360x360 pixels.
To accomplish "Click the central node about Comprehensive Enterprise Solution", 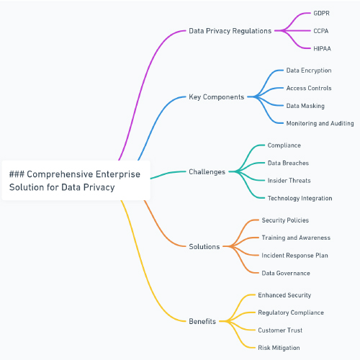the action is click(x=76, y=181).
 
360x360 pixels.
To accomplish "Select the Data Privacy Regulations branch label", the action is click(x=230, y=31).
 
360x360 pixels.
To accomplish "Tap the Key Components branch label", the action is click(x=216, y=97).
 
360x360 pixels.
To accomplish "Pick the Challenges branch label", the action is click(x=207, y=172).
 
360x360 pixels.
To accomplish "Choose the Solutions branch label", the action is click(x=204, y=246).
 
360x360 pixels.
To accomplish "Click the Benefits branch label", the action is click(x=202, y=321).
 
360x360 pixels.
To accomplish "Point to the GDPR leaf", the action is click(x=321, y=13).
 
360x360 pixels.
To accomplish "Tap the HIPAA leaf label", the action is click(x=322, y=48).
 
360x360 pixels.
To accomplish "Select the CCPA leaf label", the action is click(x=321, y=31).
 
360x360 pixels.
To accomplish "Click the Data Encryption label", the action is click(x=309, y=71).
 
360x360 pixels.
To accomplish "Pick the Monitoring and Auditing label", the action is click(x=320, y=123).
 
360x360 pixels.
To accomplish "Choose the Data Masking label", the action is click(x=305, y=106).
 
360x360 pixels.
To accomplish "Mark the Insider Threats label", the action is click(x=289, y=181).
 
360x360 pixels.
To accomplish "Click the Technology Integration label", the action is click(x=300, y=198).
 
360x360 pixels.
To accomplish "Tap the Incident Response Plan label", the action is click(x=294, y=256).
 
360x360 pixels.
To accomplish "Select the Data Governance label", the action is click(x=286, y=273).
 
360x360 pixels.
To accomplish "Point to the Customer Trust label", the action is click(x=280, y=330).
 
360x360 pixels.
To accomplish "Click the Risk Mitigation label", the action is click(x=279, y=348).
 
